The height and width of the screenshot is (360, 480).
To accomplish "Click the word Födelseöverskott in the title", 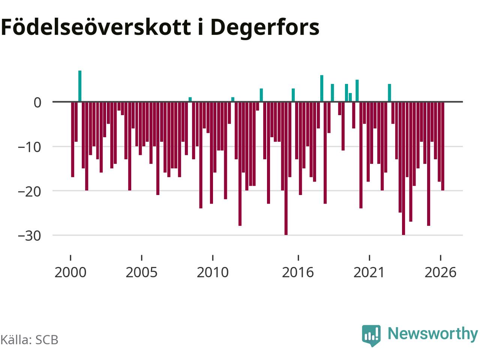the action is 96,27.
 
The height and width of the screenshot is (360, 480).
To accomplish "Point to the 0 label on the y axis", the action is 37,102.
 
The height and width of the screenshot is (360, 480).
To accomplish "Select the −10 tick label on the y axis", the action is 30,147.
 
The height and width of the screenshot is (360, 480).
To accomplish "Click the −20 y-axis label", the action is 30,192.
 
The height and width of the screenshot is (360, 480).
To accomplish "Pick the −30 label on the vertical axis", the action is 30,236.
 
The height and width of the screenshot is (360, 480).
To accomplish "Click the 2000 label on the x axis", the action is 70,272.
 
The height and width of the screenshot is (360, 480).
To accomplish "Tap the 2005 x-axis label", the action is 141,272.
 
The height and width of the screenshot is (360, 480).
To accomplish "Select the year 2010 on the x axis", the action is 213,272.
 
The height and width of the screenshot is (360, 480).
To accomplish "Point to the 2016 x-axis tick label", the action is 298,272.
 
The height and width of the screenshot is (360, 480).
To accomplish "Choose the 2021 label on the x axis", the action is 369,272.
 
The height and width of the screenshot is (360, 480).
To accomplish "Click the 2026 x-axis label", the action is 440,272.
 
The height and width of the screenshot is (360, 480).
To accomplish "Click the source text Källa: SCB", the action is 29,340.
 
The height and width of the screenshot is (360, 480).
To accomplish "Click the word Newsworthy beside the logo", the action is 432,334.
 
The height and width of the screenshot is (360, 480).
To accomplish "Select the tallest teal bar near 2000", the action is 80,86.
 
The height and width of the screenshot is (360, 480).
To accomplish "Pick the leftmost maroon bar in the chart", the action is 73,139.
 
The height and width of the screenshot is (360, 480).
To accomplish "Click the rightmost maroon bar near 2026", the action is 442,146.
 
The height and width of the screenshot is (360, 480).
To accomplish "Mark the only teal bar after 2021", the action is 389,93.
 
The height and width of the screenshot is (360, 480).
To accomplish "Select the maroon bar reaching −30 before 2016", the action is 286,168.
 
